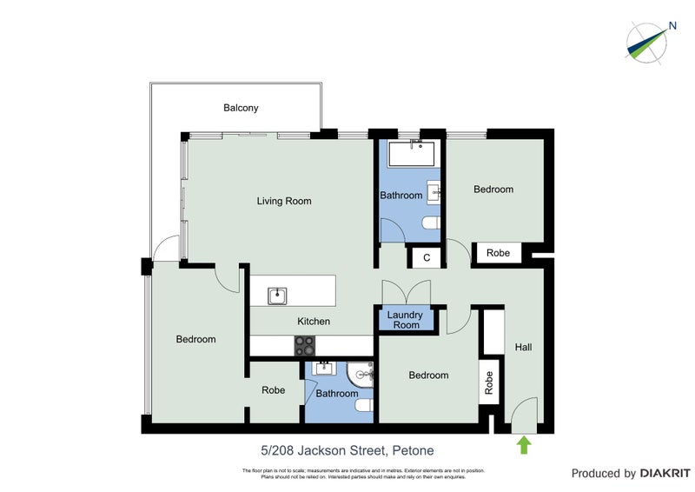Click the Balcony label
(x=241, y=108)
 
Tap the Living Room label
(x=283, y=201)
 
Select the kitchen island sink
(x=277, y=296)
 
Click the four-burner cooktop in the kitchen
(x=304, y=345)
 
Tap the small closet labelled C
(x=427, y=257)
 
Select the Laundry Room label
(x=404, y=320)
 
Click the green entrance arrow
(x=524, y=446)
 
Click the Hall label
(x=523, y=347)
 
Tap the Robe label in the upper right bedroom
(x=498, y=253)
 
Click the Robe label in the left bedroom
(x=274, y=390)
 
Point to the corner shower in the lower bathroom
(x=361, y=375)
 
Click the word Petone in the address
(x=413, y=450)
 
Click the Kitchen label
(x=314, y=321)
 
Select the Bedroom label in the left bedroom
(x=195, y=339)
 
